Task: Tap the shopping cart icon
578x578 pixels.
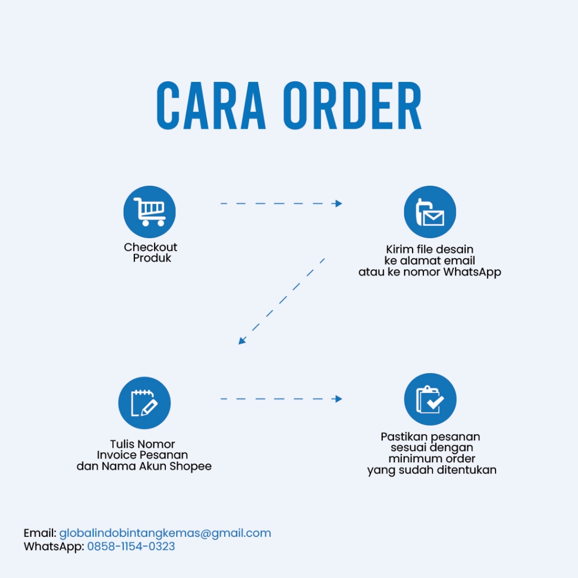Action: point(150,212)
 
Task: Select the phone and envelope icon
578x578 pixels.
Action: point(430,212)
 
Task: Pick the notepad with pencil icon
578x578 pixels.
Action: point(144,403)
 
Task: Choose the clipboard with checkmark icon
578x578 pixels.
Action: point(430,399)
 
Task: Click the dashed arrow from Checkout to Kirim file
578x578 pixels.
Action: point(281,203)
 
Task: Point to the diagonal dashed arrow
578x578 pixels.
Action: point(281,302)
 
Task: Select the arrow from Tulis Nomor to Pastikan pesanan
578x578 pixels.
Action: point(281,399)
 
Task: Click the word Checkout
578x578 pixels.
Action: point(151,247)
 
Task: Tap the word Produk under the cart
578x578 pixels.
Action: point(152,259)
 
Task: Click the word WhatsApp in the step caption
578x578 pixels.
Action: point(472,272)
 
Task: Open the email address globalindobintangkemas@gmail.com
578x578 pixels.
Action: point(165,533)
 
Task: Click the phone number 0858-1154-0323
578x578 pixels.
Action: point(131,546)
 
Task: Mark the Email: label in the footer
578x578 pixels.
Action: point(40,533)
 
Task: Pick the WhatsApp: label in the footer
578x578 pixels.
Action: point(54,546)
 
